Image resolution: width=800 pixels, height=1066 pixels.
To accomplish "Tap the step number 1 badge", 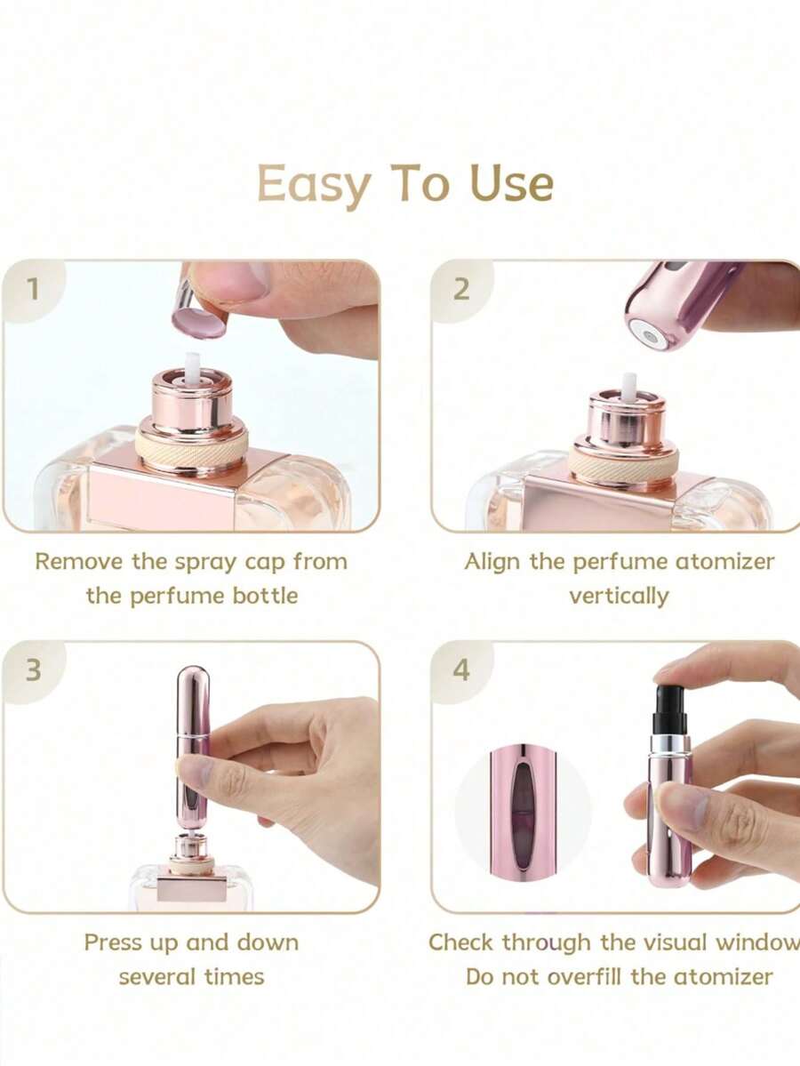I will pyautogui.click(x=33, y=289).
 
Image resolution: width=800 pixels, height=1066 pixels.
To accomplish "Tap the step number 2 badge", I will pyautogui.click(x=460, y=289).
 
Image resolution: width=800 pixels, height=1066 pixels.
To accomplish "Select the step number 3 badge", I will pyautogui.click(x=33, y=669).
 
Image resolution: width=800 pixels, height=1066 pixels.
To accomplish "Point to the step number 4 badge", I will pyautogui.click(x=460, y=669).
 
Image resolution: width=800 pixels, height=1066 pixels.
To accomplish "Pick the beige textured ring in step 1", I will pyautogui.click(x=191, y=449).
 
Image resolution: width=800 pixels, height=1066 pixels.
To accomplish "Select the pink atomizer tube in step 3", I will pyautogui.click(x=192, y=747).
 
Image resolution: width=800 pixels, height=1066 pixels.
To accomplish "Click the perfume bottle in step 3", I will pyautogui.click(x=191, y=880).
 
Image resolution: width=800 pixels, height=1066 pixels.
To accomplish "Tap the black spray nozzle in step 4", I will pyautogui.click(x=668, y=709).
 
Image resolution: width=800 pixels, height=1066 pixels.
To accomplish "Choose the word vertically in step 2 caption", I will pyautogui.click(x=619, y=595).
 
